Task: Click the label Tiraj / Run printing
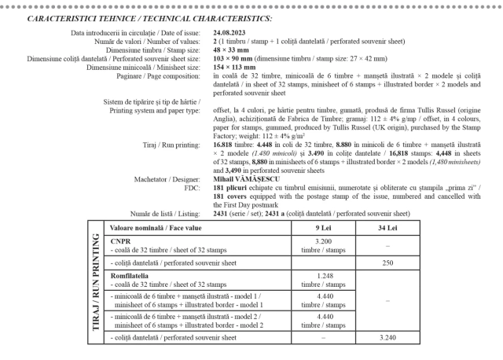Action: (172, 145)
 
